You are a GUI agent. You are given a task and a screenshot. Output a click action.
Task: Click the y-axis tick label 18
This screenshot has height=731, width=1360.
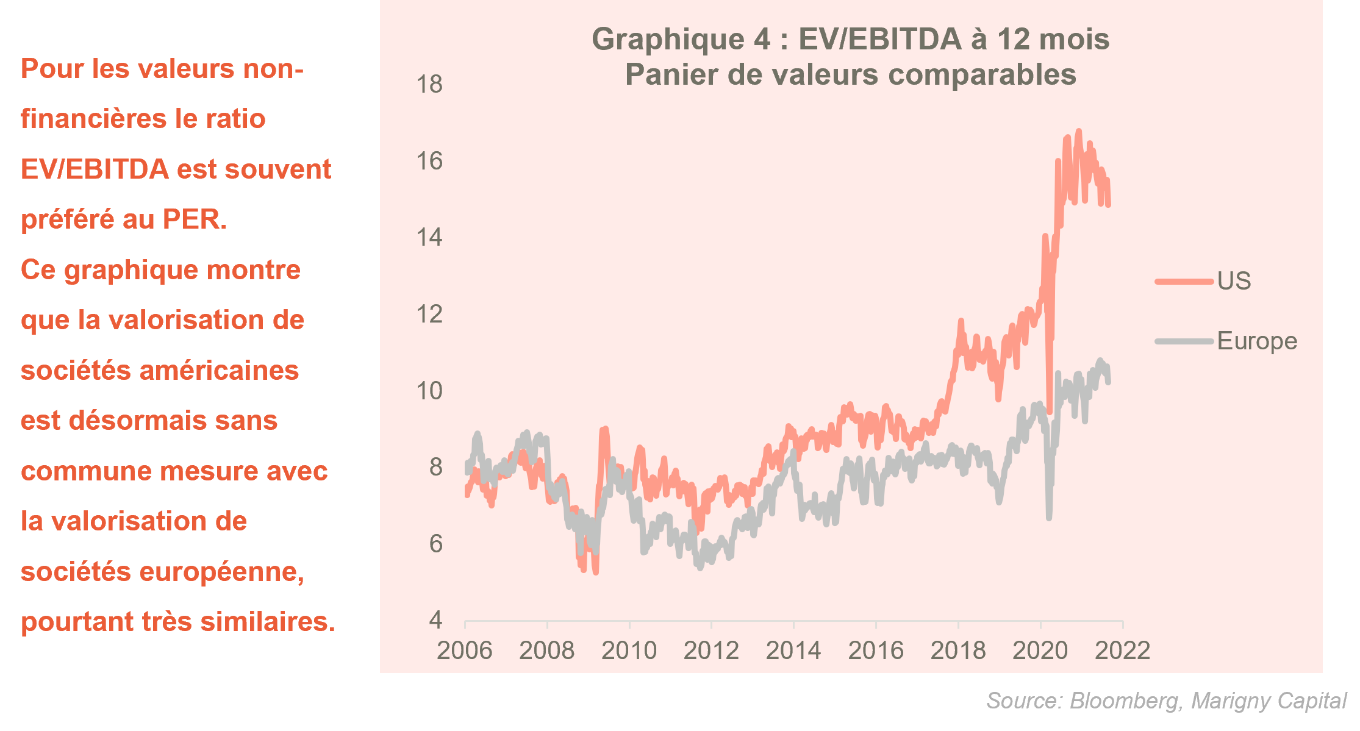pyautogui.click(x=429, y=84)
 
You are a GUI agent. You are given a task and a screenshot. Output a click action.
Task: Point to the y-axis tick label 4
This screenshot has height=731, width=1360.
pyautogui.click(x=435, y=620)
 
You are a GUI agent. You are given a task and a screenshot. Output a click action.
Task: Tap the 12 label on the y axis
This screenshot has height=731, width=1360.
pyautogui.click(x=429, y=314)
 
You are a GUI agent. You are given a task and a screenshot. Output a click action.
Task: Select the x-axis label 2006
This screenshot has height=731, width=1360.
pyautogui.click(x=465, y=651)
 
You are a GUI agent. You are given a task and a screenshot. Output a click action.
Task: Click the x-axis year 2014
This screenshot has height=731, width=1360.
pyautogui.click(x=793, y=651)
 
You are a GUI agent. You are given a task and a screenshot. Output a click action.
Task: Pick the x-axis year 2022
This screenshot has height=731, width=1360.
pyautogui.click(x=1122, y=651)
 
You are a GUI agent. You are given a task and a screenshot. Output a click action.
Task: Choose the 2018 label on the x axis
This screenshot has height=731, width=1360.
pyautogui.click(x=958, y=651)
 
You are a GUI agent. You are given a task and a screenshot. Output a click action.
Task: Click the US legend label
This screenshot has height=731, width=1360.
pyautogui.click(x=1234, y=281)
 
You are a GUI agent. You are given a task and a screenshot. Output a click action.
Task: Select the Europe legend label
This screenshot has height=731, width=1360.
pyautogui.click(x=1257, y=341)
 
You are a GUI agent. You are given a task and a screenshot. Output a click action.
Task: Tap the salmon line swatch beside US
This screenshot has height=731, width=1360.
pyautogui.click(x=1184, y=281)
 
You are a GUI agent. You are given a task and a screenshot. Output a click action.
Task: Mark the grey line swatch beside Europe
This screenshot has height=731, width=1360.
pyautogui.click(x=1184, y=341)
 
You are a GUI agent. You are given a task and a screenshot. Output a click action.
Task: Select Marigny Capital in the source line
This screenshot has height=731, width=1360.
pyautogui.click(x=1269, y=701)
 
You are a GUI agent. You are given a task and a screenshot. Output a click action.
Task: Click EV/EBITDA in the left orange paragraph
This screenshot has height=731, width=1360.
pyautogui.click(x=95, y=169)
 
